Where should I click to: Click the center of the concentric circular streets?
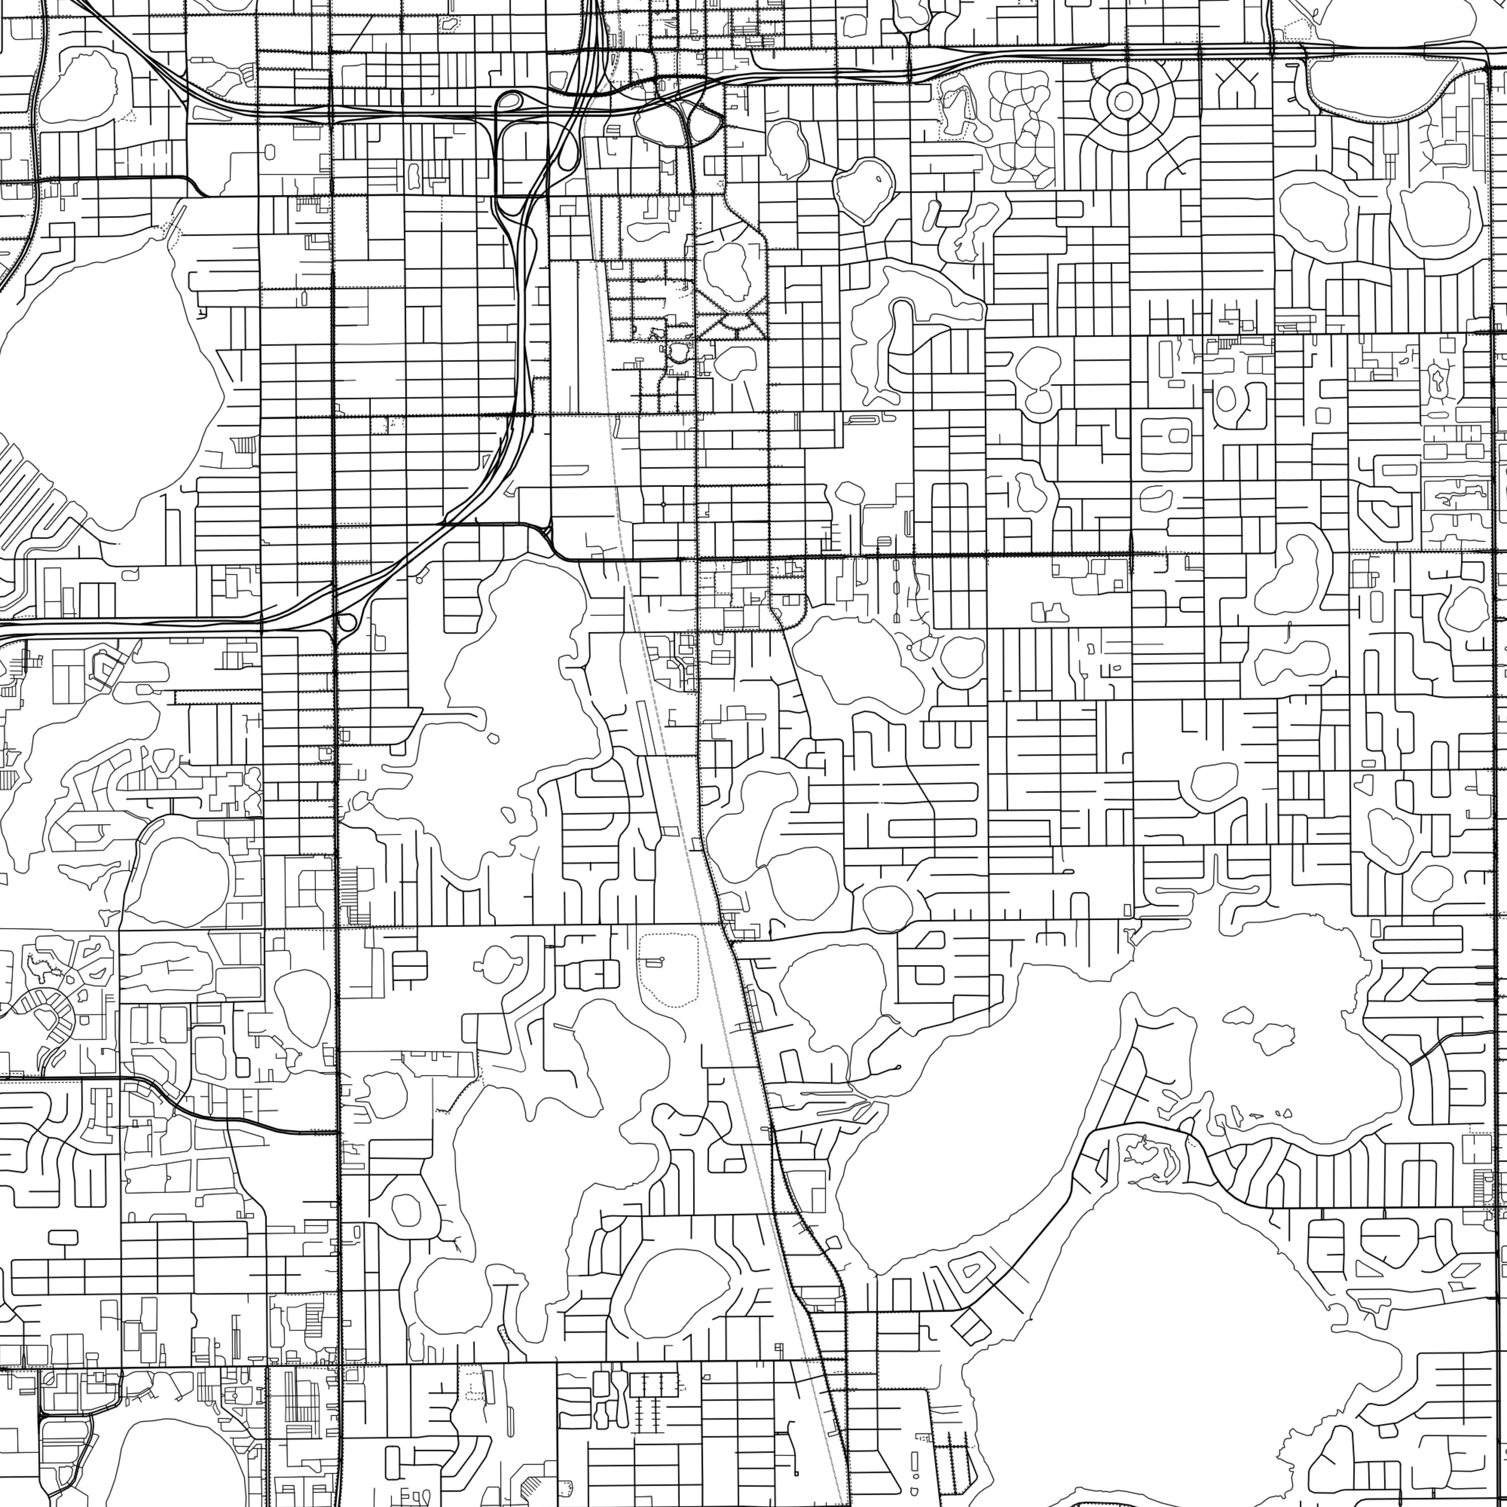click(1124, 100)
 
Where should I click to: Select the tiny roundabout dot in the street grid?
click(663, 505)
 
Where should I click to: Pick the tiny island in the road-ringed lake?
click(879, 179)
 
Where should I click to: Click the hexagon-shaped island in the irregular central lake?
click(492, 737)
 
